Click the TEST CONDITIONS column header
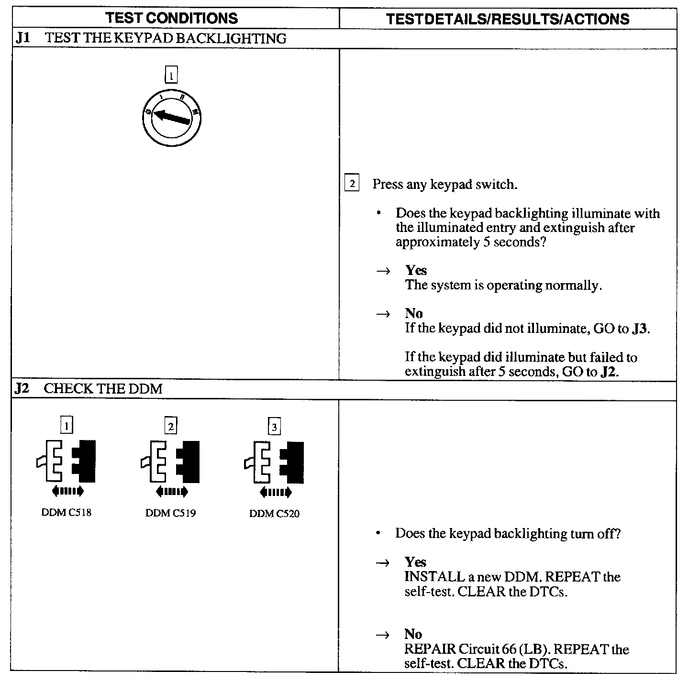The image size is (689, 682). (x=171, y=18)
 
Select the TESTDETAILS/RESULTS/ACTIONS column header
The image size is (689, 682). (x=507, y=19)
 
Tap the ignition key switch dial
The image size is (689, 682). (x=171, y=117)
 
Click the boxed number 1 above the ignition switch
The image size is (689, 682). (x=171, y=75)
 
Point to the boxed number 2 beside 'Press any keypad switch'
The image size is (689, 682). (x=352, y=184)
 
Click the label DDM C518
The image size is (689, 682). (x=67, y=513)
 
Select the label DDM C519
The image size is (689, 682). (x=170, y=514)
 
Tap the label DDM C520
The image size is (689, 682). (x=274, y=514)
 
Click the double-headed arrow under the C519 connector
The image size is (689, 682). (x=171, y=491)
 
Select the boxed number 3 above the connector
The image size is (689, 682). (x=274, y=427)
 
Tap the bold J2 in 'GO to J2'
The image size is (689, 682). (x=608, y=372)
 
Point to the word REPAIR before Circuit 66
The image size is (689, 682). (x=429, y=649)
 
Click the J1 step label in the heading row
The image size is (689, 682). (x=23, y=38)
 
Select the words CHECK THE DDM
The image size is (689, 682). (x=103, y=389)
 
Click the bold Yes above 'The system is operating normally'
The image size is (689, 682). (x=416, y=271)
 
